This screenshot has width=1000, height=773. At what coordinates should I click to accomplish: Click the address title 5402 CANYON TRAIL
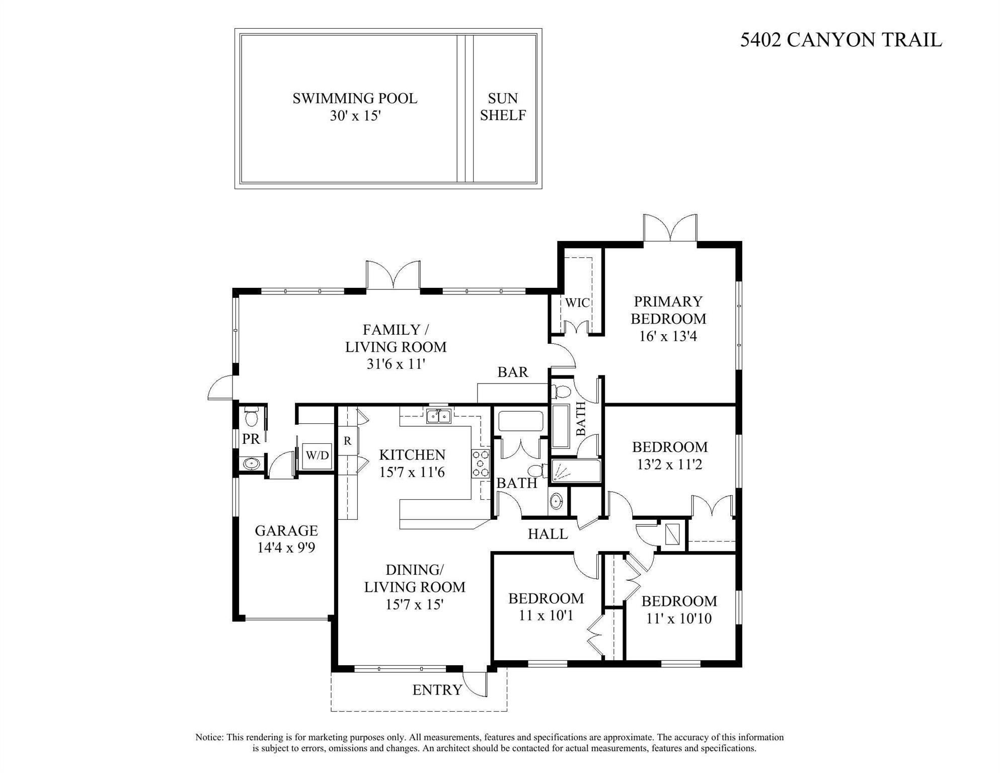840,40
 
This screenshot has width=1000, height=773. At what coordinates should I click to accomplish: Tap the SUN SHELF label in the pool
503,107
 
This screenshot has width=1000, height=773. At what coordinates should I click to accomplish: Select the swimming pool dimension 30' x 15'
355,116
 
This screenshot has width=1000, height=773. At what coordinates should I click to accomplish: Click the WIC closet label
577,303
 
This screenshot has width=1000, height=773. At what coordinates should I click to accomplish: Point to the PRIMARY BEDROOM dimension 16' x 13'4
668,336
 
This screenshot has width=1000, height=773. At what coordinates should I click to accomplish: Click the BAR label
513,372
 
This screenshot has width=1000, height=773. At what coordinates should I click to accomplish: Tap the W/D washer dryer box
318,456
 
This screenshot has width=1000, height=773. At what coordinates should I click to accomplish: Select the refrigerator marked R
347,441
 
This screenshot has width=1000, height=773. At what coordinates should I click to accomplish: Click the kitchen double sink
438,416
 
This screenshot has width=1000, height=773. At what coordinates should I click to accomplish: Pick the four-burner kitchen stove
480,463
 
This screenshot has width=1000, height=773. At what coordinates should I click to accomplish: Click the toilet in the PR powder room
251,417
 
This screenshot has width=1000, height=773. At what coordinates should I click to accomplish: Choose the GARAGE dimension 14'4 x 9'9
286,548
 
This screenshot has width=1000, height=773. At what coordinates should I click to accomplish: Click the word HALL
548,534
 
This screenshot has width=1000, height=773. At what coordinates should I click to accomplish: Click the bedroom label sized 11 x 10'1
546,598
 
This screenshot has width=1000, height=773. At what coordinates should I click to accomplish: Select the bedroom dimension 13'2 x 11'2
669,465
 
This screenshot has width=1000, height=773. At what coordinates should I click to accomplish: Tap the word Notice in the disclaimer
209,737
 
